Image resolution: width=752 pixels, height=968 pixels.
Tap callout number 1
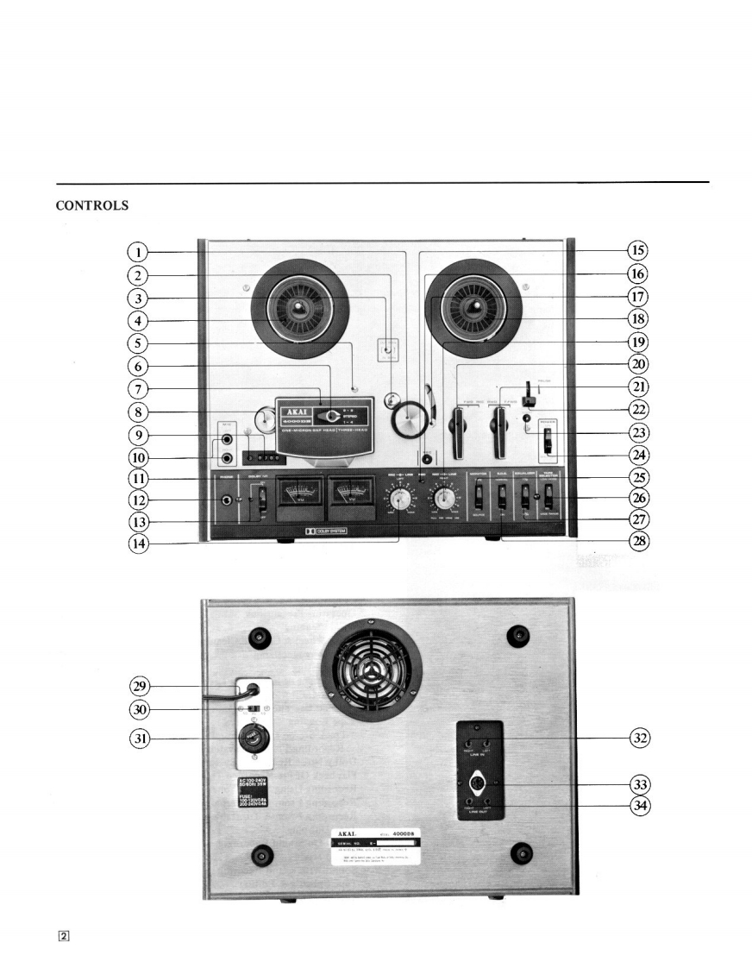[135, 252]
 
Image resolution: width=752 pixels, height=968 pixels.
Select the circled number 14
[135, 544]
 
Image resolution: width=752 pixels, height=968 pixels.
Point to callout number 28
[637, 543]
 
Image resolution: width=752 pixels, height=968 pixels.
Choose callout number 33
[637, 784]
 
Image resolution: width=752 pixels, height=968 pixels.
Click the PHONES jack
[229, 500]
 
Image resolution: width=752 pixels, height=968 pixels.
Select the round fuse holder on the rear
[254, 740]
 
